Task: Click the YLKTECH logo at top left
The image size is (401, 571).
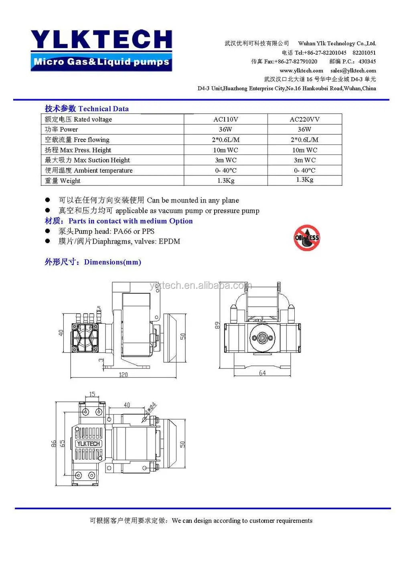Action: pyautogui.click(x=102, y=50)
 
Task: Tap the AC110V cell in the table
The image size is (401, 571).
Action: pyautogui.click(x=225, y=119)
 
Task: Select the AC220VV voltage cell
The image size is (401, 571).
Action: pyautogui.click(x=304, y=119)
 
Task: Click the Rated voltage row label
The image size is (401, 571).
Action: pyautogui.click(x=79, y=119)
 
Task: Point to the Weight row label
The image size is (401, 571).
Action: pyautogui.click(x=63, y=181)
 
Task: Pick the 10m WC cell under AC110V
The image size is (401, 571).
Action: pyautogui.click(x=225, y=150)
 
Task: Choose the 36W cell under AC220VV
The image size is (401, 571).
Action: pyautogui.click(x=304, y=129)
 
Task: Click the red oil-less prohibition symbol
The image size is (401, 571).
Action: pyautogui.click(x=307, y=238)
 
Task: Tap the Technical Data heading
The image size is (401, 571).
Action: pyautogui.click(x=87, y=109)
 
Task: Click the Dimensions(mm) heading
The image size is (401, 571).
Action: pyautogui.click(x=93, y=262)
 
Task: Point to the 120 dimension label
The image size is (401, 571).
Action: pyautogui.click(x=123, y=375)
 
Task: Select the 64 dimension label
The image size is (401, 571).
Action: pyautogui.click(x=262, y=373)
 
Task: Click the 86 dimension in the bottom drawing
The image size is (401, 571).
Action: pyautogui.click(x=54, y=444)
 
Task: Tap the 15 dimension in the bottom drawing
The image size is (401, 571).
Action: pyautogui.click(x=92, y=394)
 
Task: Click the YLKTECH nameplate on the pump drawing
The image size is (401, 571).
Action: pyautogui.click(x=88, y=443)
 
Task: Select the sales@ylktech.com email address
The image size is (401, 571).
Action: pyautogui.click(x=353, y=71)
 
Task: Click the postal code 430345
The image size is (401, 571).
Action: pyautogui.click(x=367, y=61)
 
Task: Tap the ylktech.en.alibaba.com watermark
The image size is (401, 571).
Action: pyautogui.click(x=200, y=285)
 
